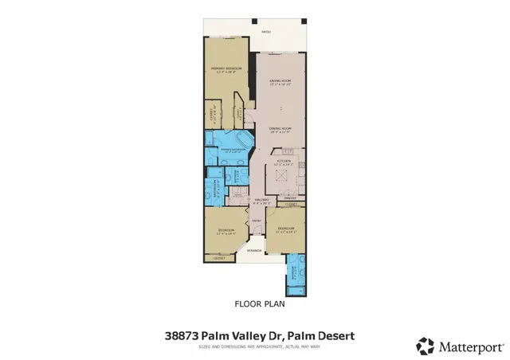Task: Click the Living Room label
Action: click(278, 82)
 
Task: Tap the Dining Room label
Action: click(278, 130)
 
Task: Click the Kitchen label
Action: click(284, 162)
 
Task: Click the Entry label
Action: click(256, 221)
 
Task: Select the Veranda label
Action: click(254, 250)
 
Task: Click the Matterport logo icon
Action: click(426, 346)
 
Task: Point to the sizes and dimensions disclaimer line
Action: click(254, 346)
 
